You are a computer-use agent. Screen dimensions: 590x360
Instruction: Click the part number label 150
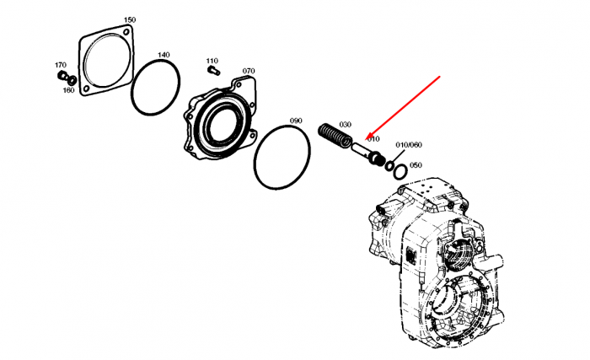tap(130, 19)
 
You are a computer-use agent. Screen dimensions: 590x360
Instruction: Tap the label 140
tap(164, 55)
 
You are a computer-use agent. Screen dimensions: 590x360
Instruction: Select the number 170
tap(61, 65)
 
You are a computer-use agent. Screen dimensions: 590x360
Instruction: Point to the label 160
tap(68, 90)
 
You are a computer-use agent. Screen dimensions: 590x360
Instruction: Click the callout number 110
tap(212, 61)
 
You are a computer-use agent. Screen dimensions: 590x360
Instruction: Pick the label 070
tap(249, 71)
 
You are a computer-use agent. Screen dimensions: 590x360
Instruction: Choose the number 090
tap(296, 121)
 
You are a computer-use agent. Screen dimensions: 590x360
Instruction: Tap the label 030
tap(345, 125)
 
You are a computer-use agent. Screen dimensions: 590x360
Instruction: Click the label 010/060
tap(409, 145)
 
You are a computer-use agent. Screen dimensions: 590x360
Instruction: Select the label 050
tap(416, 165)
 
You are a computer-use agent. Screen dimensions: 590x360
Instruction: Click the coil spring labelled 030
tap(335, 135)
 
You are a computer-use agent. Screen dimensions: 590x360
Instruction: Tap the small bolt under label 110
tap(213, 70)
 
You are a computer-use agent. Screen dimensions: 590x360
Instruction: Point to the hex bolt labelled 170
tap(62, 75)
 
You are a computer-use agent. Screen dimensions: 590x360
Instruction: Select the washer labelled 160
tap(72, 80)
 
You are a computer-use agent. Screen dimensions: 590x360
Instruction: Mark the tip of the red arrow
tap(367, 139)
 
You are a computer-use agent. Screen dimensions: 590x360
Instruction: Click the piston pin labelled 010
tap(367, 153)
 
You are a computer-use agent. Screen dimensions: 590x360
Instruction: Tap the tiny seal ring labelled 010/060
tap(389, 165)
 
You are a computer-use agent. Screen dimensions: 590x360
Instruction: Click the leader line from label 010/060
tap(398, 156)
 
